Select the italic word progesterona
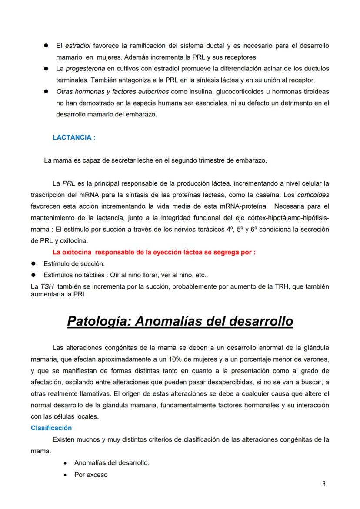click(x=86, y=69)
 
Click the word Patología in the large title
click(x=99, y=322)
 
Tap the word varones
click(x=316, y=359)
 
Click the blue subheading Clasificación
click(x=51, y=428)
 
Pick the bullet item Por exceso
click(x=91, y=475)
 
